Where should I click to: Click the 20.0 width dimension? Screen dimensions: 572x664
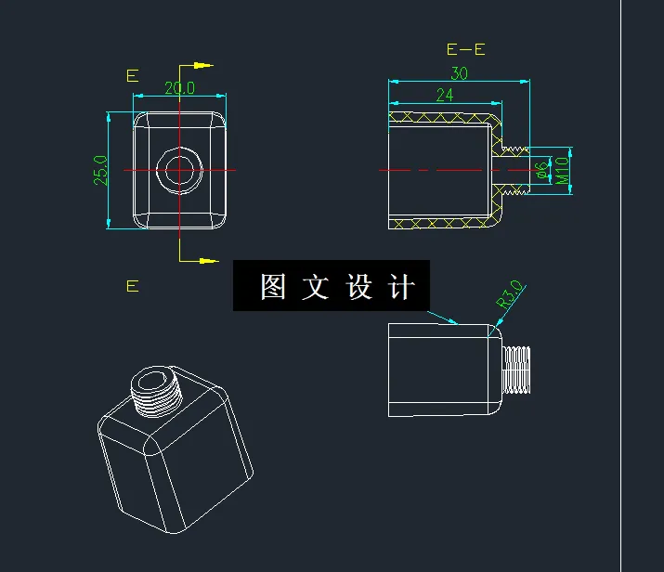[179, 87]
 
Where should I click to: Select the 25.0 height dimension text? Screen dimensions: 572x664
[100, 171]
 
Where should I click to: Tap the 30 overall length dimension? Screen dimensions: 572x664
[459, 73]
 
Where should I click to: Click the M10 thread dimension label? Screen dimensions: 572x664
[563, 170]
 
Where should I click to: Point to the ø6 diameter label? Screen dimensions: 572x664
[540, 169]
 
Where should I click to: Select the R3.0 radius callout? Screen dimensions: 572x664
[511, 294]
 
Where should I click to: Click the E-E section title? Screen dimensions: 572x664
[466, 49]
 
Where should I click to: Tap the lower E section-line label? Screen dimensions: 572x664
[133, 286]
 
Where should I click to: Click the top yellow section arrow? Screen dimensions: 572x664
[202, 66]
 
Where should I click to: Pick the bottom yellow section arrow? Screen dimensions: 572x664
[202, 261]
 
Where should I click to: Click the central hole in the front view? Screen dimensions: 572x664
[180, 170]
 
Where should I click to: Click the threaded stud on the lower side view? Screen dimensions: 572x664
[518, 370]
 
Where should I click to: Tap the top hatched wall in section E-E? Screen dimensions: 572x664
[442, 117]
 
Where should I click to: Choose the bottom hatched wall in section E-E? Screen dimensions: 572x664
[442, 225]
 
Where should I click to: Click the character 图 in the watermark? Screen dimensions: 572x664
[272, 287]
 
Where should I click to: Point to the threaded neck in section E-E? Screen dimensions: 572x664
[513, 170]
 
